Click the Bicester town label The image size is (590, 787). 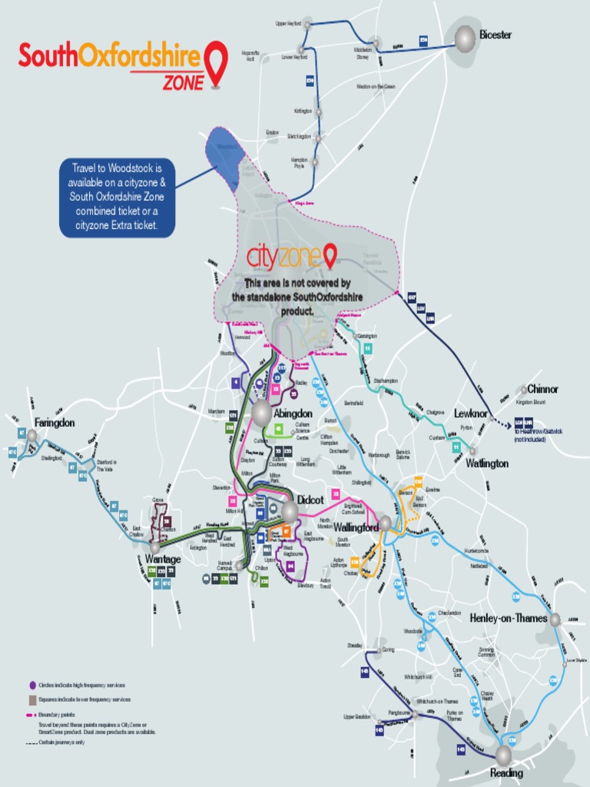[x=495, y=35]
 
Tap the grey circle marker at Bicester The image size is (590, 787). [x=465, y=38]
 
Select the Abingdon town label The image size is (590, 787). [x=293, y=413]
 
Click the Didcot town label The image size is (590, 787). [x=310, y=500]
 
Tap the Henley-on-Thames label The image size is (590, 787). [x=508, y=618]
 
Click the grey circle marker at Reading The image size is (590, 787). [x=504, y=755]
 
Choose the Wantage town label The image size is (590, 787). [x=162, y=559]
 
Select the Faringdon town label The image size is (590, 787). [x=55, y=423]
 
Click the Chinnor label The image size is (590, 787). [x=542, y=389]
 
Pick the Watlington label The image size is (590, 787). [x=487, y=463]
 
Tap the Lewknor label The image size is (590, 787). [x=471, y=413]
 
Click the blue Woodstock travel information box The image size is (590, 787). [x=118, y=198]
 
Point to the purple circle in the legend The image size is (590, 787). [x=31, y=685]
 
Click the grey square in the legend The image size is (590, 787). [x=31, y=699]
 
